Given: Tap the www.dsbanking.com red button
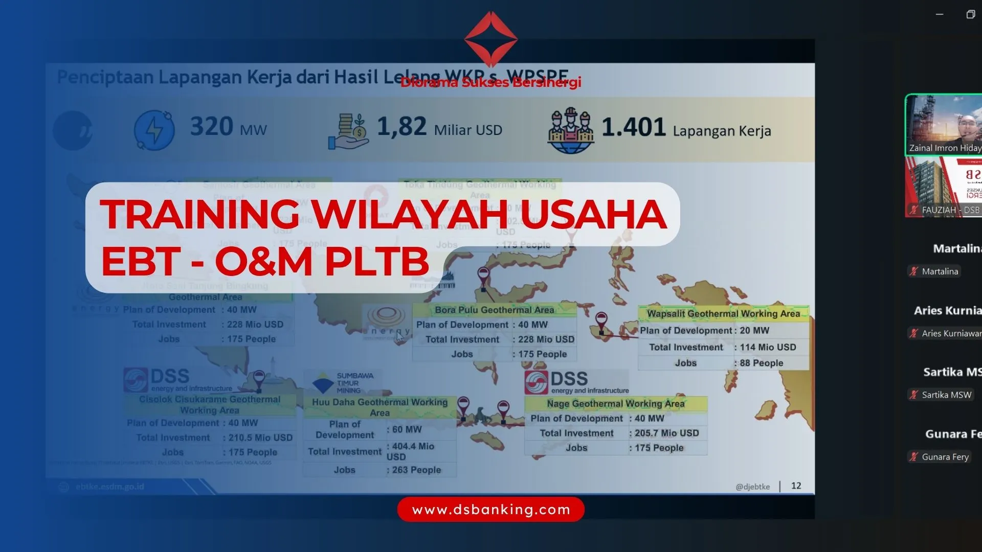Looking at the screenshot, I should (x=490, y=510).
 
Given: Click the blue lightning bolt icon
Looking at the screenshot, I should (x=154, y=130).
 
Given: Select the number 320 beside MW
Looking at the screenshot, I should (x=212, y=126).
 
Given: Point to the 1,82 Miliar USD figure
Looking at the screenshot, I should (x=439, y=127).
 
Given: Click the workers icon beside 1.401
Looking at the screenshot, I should (x=570, y=130).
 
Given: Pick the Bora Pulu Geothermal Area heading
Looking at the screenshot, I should (x=494, y=310).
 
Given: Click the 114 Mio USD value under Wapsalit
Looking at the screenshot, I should (x=768, y=347).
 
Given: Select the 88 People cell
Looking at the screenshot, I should (x=762, y=363).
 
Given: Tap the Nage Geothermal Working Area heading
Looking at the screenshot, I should (x=615, y=404).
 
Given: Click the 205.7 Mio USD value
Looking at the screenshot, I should (x=666, y=433).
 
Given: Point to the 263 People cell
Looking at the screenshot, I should (x=416, y=470).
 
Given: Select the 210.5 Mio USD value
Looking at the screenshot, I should (x=260, y=438).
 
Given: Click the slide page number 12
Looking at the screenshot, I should (x=796, y=486).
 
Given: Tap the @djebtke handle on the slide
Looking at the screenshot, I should (x=752, y=487).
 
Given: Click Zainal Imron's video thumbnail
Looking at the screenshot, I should (x=944, y=124).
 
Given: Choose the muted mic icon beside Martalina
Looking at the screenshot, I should (x=914, y=271).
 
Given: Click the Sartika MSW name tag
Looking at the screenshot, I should (x=946, y=395).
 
